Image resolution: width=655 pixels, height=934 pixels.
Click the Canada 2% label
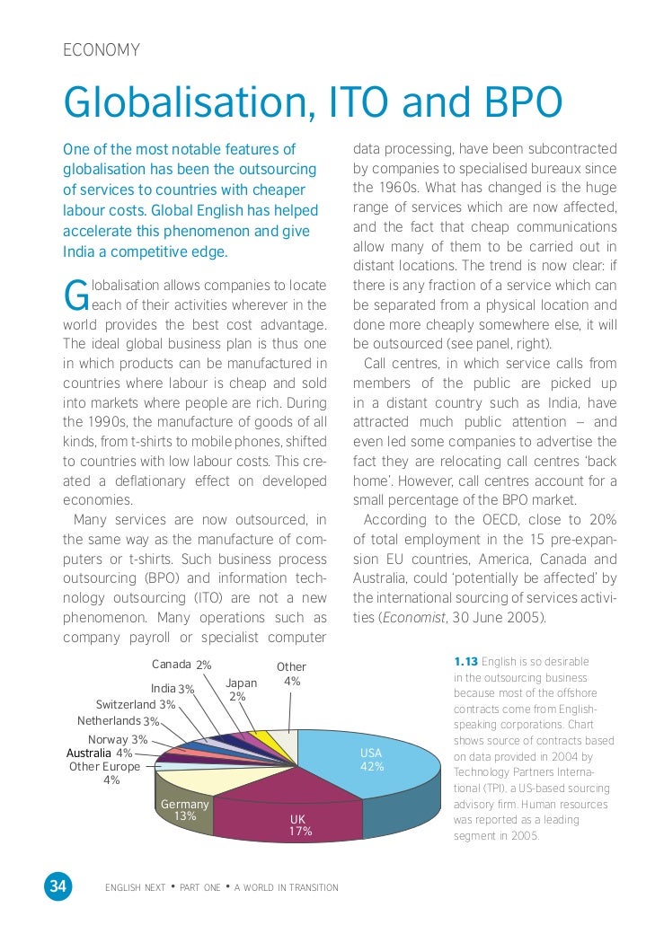click(x=181, y=665)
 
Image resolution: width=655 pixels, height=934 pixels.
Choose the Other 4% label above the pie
click(x=291, y=674)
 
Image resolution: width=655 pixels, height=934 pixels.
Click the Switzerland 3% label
click(x=136, y=705)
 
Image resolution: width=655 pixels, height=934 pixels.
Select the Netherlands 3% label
click(x=118, y=721)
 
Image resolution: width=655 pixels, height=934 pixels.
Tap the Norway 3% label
click(x=118, y=739)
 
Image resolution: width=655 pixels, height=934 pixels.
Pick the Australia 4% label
click(x=99, y=753)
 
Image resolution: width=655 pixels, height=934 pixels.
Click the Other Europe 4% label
click(x=105, y=773)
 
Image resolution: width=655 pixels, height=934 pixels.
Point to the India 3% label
click(x=173, y=689)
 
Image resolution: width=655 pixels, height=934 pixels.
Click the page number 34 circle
click(x=58, y=886)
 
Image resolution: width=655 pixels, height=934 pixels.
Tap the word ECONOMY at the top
click(x=102, y=50)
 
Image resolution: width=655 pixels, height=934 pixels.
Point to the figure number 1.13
click(x=465, y=662)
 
